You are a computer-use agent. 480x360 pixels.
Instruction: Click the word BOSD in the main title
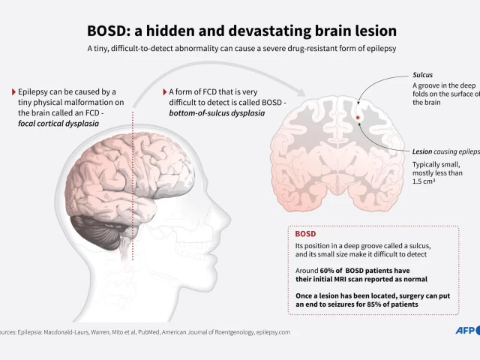108,31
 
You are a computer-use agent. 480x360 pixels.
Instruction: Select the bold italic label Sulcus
422,75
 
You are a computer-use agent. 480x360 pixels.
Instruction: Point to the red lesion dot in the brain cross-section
358,118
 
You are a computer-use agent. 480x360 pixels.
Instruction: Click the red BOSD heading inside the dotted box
306,233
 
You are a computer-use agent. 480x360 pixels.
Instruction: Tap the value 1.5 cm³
425,181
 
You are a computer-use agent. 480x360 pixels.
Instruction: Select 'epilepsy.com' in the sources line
273,331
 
